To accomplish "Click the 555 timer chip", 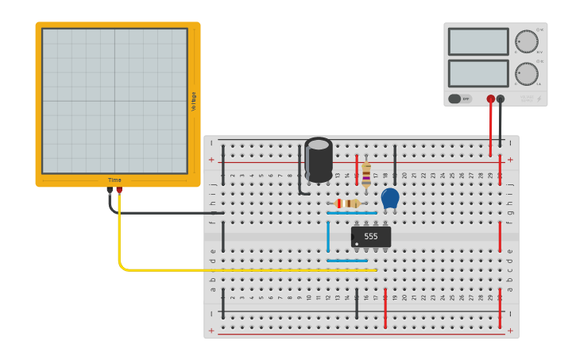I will (x=371, y=237).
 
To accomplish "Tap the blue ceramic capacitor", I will (x=390, y=198).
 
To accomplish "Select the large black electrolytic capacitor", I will (x=319, y=161).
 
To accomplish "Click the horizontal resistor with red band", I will (x=347, y=203).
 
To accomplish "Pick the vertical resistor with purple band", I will (x=366, y=174).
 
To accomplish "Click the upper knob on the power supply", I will (x=526, y=41).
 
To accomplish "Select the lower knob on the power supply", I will (x=526, y=74).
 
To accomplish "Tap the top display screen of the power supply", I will (x=477, y=41).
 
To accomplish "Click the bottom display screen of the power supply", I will (x=477, y=73).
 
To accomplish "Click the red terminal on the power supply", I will (x=491, y=99).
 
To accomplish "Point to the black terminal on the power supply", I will (x=501, y=99).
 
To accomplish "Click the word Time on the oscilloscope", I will (x=115, y=180).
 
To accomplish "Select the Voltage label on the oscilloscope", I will (x=193, y=101).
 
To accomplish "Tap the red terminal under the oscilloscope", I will (x=119, y=190).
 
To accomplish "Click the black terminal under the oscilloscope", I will (x=110, y=190).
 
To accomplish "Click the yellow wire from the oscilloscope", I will (x=238, y=270).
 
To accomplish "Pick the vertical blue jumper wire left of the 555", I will (x=328, y=237).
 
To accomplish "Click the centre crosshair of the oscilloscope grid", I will (x=114, y=101).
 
